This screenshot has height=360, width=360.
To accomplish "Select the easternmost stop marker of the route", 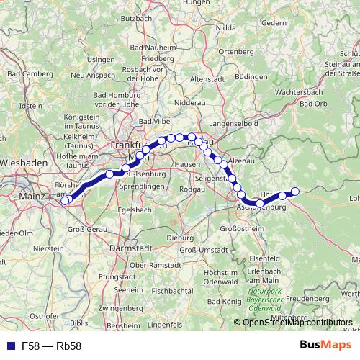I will click(x=294, y=191).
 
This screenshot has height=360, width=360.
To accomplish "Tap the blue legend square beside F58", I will click(x=9, y=346).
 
